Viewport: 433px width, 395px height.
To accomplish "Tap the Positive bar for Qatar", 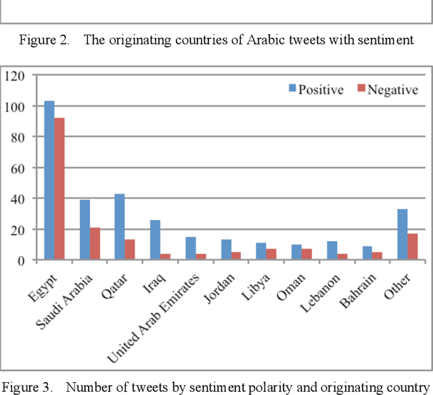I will pyautogui.click(x=120, y=227).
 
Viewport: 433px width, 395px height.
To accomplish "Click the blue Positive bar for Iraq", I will pyautogui.click(x=155, y=240).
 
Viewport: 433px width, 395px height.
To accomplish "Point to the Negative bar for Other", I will pyautogui.click(x=413, y=246).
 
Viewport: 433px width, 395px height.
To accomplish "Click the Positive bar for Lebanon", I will pyautogui.click(x=332, y=251).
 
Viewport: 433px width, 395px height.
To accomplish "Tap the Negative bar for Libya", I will pyautogui.click(x=271, y=254).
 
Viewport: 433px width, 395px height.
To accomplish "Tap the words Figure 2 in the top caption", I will pyautogui.click(x=44, y=40).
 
